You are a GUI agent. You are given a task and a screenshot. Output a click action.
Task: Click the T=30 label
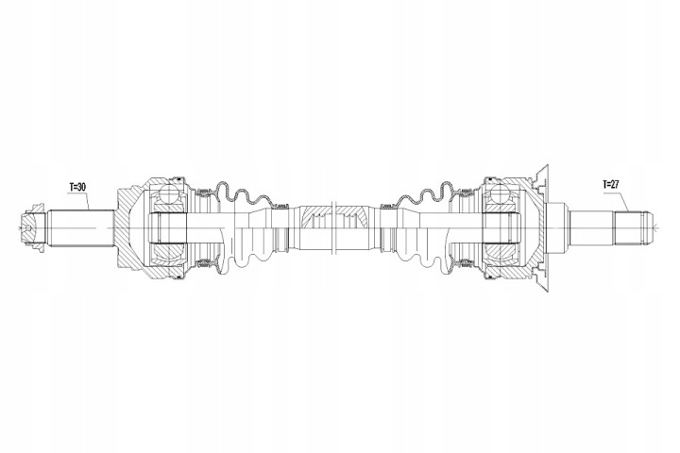77,187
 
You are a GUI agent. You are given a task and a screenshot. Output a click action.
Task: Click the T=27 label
611,184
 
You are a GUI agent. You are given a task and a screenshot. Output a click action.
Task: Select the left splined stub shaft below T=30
81,228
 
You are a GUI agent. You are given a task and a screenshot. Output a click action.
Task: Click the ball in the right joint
500,193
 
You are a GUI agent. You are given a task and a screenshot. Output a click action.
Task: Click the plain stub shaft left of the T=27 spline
592,227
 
